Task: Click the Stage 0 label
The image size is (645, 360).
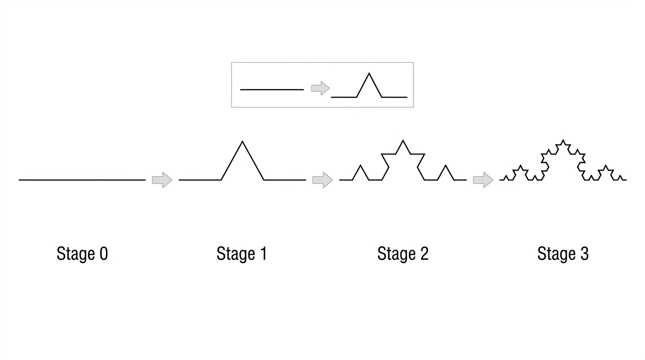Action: coord(82,254)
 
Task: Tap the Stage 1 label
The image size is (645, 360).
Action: coord(241,254)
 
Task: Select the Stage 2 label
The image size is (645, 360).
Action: coord(403,254)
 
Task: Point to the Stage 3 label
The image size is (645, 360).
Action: coord(563,254)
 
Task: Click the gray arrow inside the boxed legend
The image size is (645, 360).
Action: coord(321,88)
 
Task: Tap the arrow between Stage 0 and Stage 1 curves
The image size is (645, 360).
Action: coord(162,180)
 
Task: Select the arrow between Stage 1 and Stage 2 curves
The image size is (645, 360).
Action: coord(322,180)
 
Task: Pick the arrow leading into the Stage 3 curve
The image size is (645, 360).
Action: coord(483,180)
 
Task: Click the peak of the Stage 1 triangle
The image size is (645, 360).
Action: coord(242,141)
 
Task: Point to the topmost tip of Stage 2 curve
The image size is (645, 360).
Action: coord(403,141)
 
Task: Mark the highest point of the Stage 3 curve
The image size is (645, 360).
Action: coord(563,140)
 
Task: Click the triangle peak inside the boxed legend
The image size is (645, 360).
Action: coord(369,73)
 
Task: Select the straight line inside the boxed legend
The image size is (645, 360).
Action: coord(272,90)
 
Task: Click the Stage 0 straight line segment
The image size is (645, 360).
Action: coord(82,180)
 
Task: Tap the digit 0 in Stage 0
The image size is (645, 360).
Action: coord(104,254)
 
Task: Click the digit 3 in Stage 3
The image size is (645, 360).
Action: coord(585,254)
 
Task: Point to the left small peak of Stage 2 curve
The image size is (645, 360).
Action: coord(360,165)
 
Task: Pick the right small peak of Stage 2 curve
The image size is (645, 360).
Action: coord(446,165)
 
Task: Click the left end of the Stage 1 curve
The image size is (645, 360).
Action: coord(179,180)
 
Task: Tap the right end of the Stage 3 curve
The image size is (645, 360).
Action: coord(627,180)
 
